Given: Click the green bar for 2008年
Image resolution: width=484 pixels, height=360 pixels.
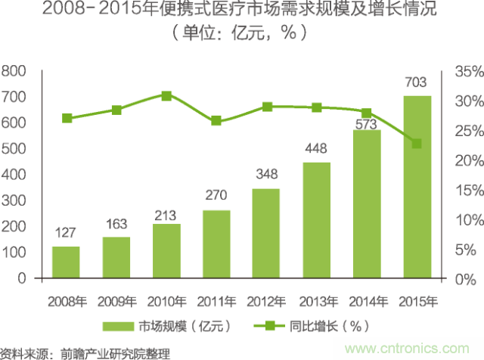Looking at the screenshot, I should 66,262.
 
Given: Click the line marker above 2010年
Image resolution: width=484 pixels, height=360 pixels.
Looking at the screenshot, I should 166,96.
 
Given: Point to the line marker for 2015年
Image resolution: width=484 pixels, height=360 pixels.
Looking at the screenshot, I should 417,144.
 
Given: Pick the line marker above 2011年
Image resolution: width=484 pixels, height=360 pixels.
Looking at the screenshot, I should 216,121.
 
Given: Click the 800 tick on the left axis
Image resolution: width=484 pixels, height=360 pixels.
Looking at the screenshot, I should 14,71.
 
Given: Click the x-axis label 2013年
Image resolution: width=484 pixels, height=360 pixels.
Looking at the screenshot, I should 316,301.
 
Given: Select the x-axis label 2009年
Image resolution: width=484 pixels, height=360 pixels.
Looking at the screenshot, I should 116,301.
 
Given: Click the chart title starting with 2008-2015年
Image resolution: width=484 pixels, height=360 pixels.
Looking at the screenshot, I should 242,12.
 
